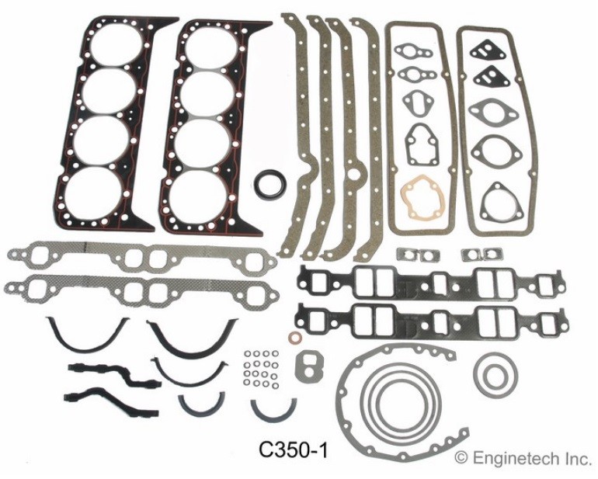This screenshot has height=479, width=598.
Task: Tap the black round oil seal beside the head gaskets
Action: point(271,189)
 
